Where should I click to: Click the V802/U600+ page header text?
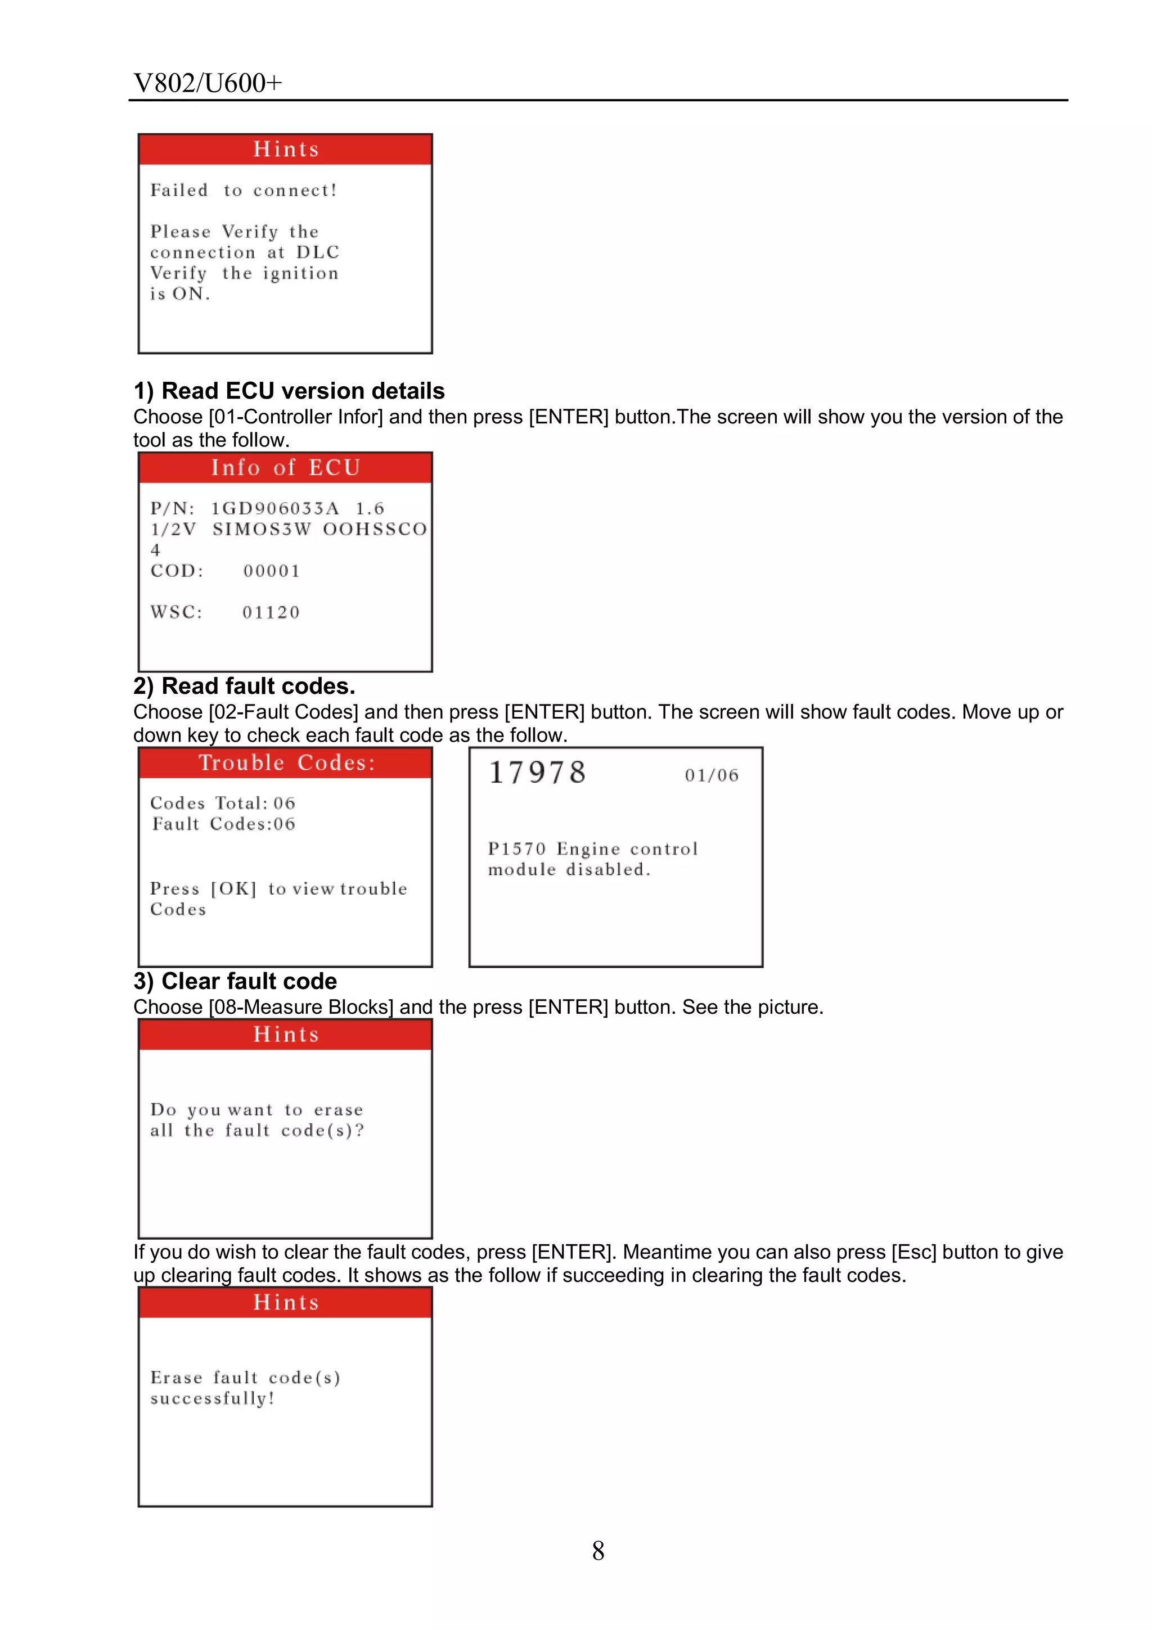pos(208,83)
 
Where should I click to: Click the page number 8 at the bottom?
pos(598,1551)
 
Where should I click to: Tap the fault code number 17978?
pos(538,773)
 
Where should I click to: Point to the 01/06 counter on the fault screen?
pos(712,775)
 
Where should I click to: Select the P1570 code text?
pos(517,849)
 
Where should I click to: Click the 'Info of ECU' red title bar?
pos(286,468)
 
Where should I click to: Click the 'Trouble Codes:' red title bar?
pos(286,762)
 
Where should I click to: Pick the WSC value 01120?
pos(271,613)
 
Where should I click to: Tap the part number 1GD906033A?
pos(275,509)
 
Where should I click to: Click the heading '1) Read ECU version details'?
pos(289,391)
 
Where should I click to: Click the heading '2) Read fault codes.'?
pos(244,687)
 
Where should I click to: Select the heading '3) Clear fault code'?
pos(235,981)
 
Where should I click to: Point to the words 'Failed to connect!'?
pos(244,190)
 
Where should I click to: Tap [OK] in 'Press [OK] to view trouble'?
pos(233,889)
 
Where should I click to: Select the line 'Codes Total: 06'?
pos(222,803)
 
